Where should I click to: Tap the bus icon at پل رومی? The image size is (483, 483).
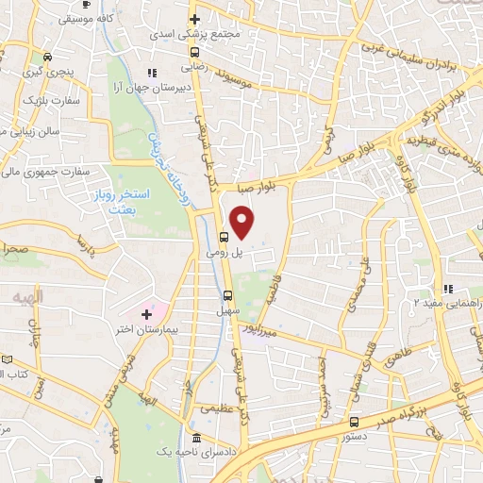(225, 238)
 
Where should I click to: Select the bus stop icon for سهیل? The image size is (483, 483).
(228, 293)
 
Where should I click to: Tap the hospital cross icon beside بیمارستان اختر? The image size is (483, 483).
(146, 313)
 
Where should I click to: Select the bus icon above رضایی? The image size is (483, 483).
(194, 53)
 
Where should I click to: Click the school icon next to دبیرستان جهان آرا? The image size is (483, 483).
(150, 73)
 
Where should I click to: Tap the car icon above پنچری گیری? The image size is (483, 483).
(47, 55)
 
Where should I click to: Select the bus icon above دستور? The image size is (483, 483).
(354, 422)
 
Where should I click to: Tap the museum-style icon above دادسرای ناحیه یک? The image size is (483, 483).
(195, 439)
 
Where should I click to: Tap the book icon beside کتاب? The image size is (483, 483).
(8, 359)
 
